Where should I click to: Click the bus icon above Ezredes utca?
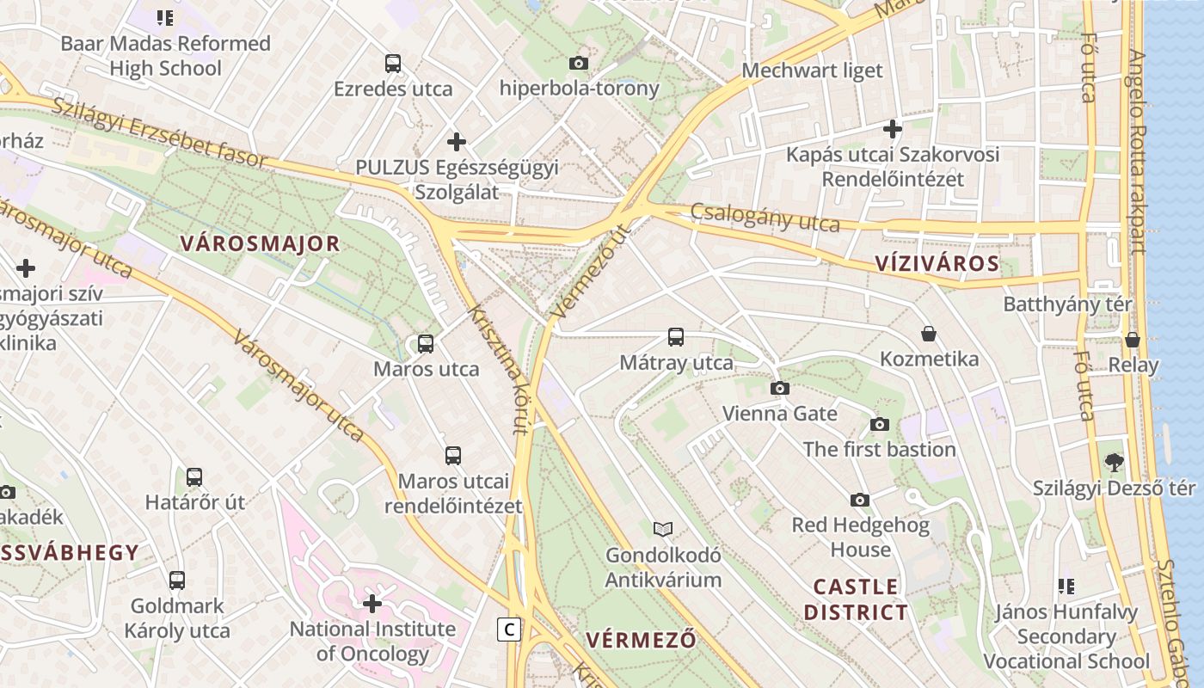click(x=393, y=64)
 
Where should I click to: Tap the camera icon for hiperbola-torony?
click(x=579, y=63)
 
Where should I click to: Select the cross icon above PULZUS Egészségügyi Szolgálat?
click(x=457, y=141)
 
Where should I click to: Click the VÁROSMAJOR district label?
click(x=261, y=243)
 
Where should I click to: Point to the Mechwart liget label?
click(x=812, y=71)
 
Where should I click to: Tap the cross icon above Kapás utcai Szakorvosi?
click(x=893, y=129)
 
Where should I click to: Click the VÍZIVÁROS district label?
click(x=937, y=263)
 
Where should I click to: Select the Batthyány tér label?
click(x=1068, y=304)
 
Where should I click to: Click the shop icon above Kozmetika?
click(x=929, y=334)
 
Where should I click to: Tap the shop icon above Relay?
click(x=1133, y=340)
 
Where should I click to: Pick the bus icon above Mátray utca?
click(x=676, y=337)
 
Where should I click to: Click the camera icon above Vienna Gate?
click(x=780, y=388)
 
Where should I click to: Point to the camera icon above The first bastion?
click(x=879, y=424)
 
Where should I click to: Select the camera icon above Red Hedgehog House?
click(x=859, y=500)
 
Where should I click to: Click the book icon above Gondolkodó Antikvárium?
click(x=662, y=529)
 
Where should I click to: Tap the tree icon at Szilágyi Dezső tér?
click(x=1115, y=463)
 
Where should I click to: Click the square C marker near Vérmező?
click(x=510, y=630)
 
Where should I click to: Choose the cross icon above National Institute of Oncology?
click(x=372, y=604)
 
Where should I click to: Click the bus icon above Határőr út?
click(x=194, y=477)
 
